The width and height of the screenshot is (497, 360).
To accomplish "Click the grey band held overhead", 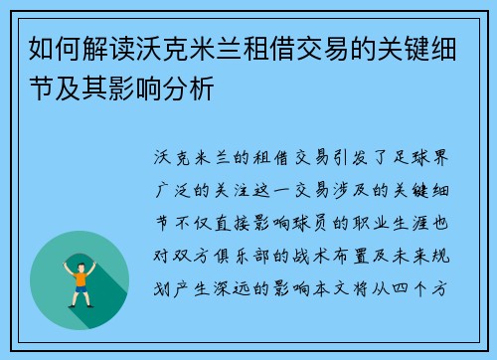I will pyautogui.click(x=80, y=252).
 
